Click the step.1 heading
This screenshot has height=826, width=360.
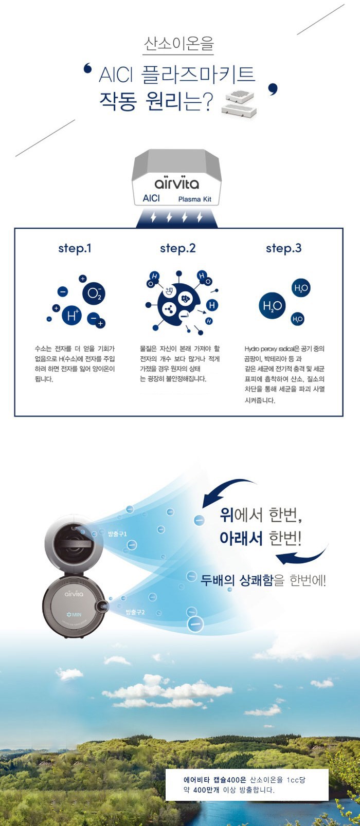[75, 249]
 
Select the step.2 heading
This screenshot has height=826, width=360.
[178, 249]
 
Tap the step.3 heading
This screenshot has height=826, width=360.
[284, 249]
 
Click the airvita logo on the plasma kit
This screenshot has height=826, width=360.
[177, 183]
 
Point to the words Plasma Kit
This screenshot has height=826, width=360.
[195, 199]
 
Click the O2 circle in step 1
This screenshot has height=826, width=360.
[94, 293]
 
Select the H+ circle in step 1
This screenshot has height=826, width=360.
[71, 315]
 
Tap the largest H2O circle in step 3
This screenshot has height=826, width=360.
[272, 305]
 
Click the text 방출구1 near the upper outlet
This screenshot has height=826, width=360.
[117, 534]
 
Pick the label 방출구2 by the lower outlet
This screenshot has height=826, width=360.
[135, 612]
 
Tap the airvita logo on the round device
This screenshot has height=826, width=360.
[74, 594]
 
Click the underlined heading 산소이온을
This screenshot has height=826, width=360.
[178, 44]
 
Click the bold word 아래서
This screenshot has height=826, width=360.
[241, 538]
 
